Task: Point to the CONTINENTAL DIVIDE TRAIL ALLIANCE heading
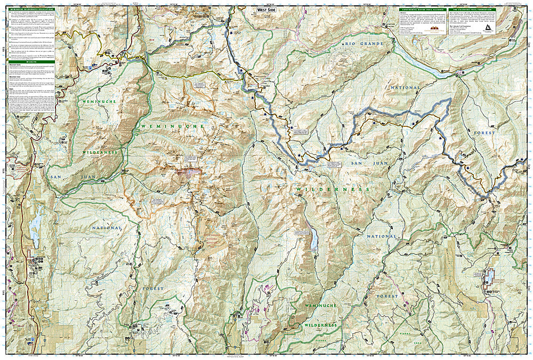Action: (x=419, y=9)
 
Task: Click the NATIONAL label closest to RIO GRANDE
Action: (x=405, y=87)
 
